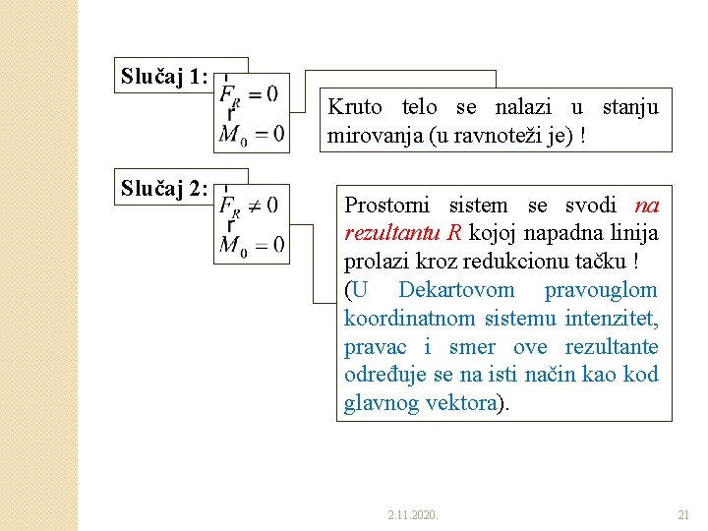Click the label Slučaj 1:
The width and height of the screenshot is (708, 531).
pos(164,77)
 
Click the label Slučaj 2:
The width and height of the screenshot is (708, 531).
pos(164,189)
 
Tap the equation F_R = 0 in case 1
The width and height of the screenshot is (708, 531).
pos(250,94)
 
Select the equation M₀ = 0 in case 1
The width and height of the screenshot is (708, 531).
pos(252,134)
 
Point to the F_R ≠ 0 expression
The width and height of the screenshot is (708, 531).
pos(250,206)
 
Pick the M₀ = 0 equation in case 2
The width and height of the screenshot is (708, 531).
pos(252,245)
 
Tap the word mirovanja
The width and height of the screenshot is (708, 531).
pos(375,136)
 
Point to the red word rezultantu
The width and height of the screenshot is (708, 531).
pos(393,234)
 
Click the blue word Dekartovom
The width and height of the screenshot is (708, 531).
pos(456,291)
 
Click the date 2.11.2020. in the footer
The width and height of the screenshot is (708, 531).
pos(413,514)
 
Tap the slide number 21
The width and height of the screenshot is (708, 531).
pos(684,514)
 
